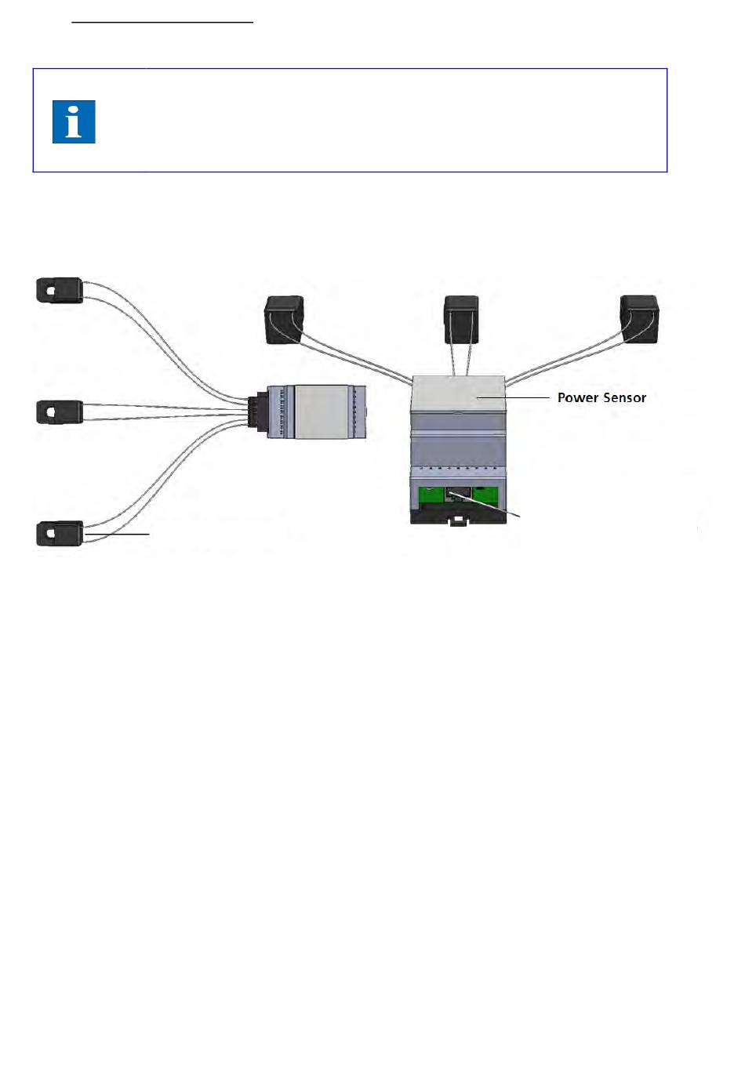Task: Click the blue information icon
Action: (74, 121)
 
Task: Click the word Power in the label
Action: (577, 397)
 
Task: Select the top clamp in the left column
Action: (60, 289)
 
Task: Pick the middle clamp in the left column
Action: (60, 411)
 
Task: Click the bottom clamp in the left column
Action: (60, 534)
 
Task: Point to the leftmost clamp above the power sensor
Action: (284, 319)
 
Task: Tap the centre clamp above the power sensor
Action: (461, 318)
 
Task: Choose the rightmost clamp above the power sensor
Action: (639, 318)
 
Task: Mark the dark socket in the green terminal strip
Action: (458, 495)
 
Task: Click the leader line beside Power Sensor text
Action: (514, 397)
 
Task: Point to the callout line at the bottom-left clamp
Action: (118, 534)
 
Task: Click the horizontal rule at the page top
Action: (162, 23)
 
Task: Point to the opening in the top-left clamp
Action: (51, 290)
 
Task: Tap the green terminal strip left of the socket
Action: (431, 495)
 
